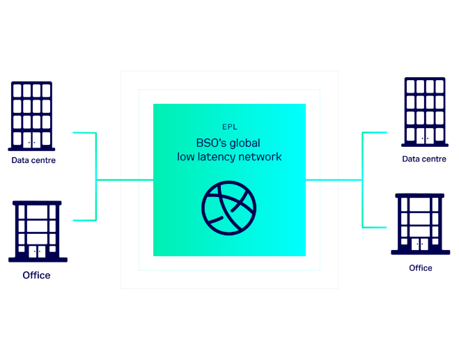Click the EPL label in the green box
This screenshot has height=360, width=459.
[230, 127]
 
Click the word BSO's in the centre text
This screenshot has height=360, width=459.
[212, 143]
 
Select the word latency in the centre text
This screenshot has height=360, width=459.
[217, 157]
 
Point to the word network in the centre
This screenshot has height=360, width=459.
[260, 157]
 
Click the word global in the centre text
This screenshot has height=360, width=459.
[244, 143]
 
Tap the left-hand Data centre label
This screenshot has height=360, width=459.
[33, 160]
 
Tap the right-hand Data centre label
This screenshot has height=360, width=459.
[424, 159]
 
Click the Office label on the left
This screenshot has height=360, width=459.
[36, 275]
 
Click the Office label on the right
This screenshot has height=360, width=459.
[421, 268]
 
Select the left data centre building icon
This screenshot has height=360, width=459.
[31, 116]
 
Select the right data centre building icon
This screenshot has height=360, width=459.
[425, 112]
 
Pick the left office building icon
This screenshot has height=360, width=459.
[38, 231]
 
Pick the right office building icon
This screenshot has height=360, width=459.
[421, 224]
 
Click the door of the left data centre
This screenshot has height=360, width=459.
[31, 140]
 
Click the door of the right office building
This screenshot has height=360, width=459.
[420, 244]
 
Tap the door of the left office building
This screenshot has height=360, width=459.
[37, 251]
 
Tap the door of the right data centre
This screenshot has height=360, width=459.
[425, 136]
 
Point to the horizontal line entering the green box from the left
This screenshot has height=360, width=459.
[125, 180]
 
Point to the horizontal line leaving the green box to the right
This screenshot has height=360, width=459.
[334, 180]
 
